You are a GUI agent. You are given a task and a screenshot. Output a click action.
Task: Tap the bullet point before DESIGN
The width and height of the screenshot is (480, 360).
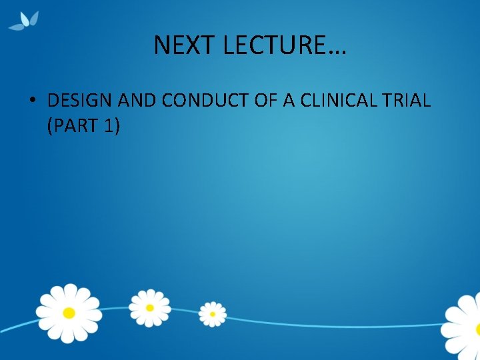(32, 101)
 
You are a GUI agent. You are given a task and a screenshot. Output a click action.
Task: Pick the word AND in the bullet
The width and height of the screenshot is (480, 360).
(137, 101)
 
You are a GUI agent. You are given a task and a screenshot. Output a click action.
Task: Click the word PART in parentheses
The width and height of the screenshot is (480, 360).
(77, 125)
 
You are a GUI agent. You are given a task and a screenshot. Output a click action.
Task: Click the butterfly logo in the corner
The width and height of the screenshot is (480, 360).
(24, 21)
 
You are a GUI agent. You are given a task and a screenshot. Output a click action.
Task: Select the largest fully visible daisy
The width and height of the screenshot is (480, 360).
(68, 313)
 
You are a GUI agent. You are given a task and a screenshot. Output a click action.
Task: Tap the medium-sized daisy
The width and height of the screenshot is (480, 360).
(149, 307)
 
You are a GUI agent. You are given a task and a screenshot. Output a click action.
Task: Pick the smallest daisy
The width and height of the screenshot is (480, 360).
(213, 314)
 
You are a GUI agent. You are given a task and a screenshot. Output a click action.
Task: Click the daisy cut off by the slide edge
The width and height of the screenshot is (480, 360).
(463, 327)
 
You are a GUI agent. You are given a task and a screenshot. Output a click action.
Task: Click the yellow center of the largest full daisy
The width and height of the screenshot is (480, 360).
(68, 313)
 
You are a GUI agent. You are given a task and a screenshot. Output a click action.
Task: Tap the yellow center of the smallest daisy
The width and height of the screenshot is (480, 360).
(213, 314)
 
